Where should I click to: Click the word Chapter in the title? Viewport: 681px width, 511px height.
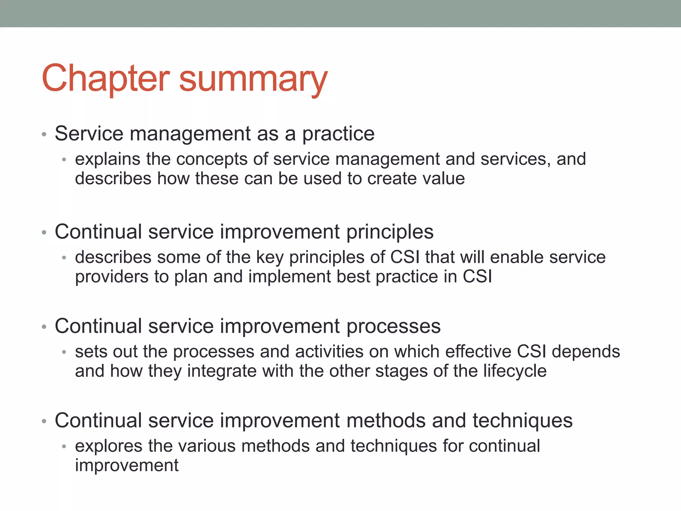pyautogui.click(x=106, y=79)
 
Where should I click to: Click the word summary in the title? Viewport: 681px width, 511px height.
pyautogui.click(x=253, y=80)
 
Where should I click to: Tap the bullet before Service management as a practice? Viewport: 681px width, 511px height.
pyautogui.click(x=44, y=135)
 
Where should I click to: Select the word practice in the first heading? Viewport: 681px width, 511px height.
pyautogui.click(x=338, y=134)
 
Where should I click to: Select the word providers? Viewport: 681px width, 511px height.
pyautogui.click(x=112, y=277)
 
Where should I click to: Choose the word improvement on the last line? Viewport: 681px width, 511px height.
pyautogui.click(x=127, y=466)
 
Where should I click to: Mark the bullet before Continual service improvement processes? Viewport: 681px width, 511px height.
pyautogui.click(x=44, y=327)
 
